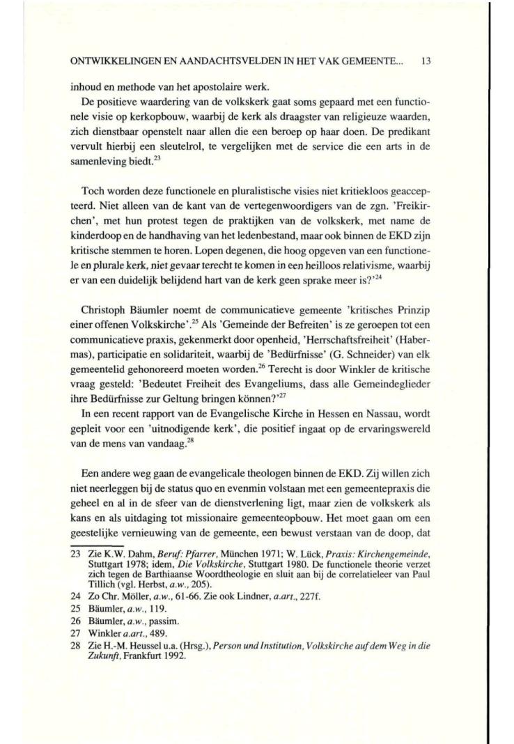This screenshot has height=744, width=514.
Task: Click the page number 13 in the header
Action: (x=427, y=61)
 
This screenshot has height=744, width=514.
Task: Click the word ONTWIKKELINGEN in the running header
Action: (x=107, y=61)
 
